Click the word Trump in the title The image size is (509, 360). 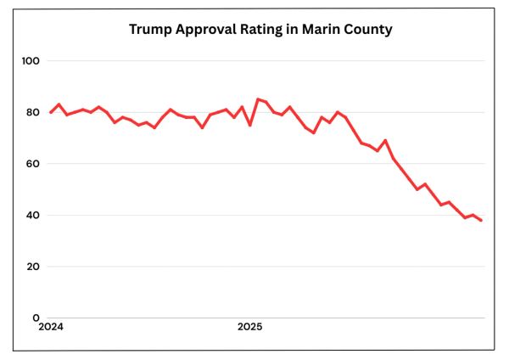click(149, 29)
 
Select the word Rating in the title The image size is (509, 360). click(267, 29)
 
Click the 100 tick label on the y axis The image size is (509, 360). click(31, 61)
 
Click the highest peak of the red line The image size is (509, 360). click(258, 99)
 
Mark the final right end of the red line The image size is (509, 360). click(481, 221)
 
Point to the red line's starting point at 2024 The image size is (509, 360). click(51, 112)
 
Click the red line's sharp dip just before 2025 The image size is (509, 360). click(249, 126)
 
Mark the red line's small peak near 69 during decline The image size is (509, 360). click(385, 140)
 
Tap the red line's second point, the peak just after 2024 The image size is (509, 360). click(59, 104)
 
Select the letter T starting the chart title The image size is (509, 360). click(133, 29)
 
